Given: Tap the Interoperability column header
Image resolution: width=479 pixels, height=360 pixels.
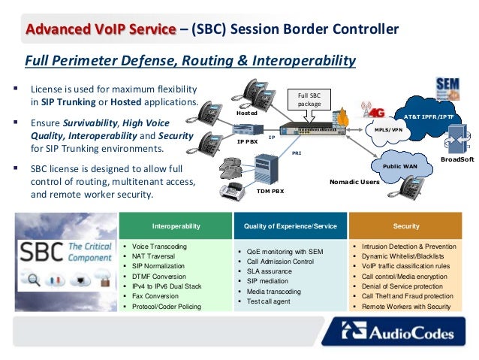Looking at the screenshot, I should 176,225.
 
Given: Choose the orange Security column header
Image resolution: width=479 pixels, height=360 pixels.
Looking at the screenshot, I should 405,225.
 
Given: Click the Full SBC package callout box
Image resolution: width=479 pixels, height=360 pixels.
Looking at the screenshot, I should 309,99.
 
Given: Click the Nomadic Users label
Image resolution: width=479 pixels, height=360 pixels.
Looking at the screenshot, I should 354,181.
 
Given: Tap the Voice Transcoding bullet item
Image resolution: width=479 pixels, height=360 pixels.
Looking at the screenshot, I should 158,247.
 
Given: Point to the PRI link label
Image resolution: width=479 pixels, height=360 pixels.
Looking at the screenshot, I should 297,152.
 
